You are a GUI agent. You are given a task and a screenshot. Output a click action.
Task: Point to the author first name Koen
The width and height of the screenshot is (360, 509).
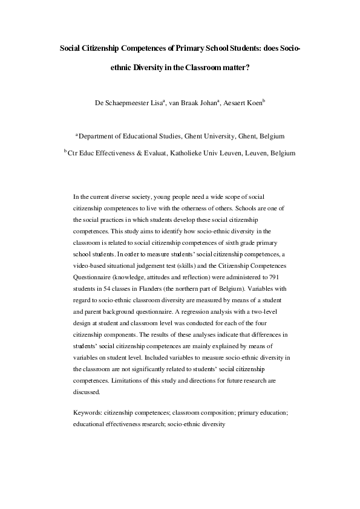pos(251,103)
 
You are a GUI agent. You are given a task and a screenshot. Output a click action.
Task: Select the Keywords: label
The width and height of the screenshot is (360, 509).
pos(87,412)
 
